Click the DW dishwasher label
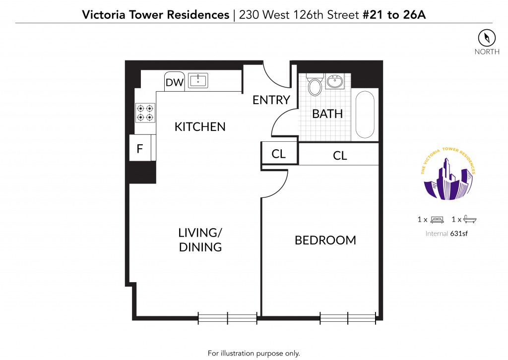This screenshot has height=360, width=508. [174, 82]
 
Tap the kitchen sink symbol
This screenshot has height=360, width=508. [198, 81]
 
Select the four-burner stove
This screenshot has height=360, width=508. [145, 113]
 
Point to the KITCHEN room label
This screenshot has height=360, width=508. [200, 126]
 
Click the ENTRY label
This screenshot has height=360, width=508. [271, 100]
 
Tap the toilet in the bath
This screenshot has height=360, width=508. [315, 85]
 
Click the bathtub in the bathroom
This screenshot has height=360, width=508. [365, 115]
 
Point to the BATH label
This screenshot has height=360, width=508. [327, 114]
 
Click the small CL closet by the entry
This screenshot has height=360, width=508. [279, 153]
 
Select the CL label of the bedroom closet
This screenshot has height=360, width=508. [340, 156]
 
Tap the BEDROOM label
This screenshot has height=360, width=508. [325, 240]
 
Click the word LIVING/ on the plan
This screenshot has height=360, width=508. [200, 233]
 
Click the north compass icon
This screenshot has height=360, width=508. [487, 38]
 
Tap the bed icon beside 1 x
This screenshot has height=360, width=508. [437, 220]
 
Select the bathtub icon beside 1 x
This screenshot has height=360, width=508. [470, 220]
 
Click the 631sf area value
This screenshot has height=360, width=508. [459, 234]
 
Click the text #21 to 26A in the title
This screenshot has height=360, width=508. [394, 15]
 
